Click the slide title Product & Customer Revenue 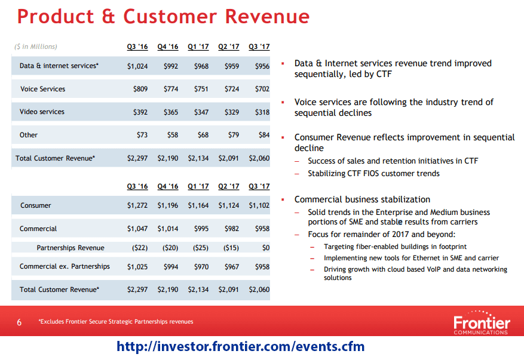(x=163, y=16)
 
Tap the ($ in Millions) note (x=36, y=47)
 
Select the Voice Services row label (x=42, y=89)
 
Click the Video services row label (x=42, y=112)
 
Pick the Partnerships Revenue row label (x=71, y=248)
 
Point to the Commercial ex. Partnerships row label (x=65, y=266)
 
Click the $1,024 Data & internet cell (x=137, y=66)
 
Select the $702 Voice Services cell (x=262, y=89)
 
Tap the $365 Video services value (x=171, y=112)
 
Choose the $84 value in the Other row (x=263, y=135)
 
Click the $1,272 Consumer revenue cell (x=137, y=205)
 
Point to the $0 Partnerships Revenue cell (x=266, y=248)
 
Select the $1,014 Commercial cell (x=168, y=229)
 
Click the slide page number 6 (x=19, y=322)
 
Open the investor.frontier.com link (x=240, y=347)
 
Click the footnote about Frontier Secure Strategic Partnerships (x=116, y=322)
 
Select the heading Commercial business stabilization (x=362, y=199)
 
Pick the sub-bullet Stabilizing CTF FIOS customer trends (x=373, y=174)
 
